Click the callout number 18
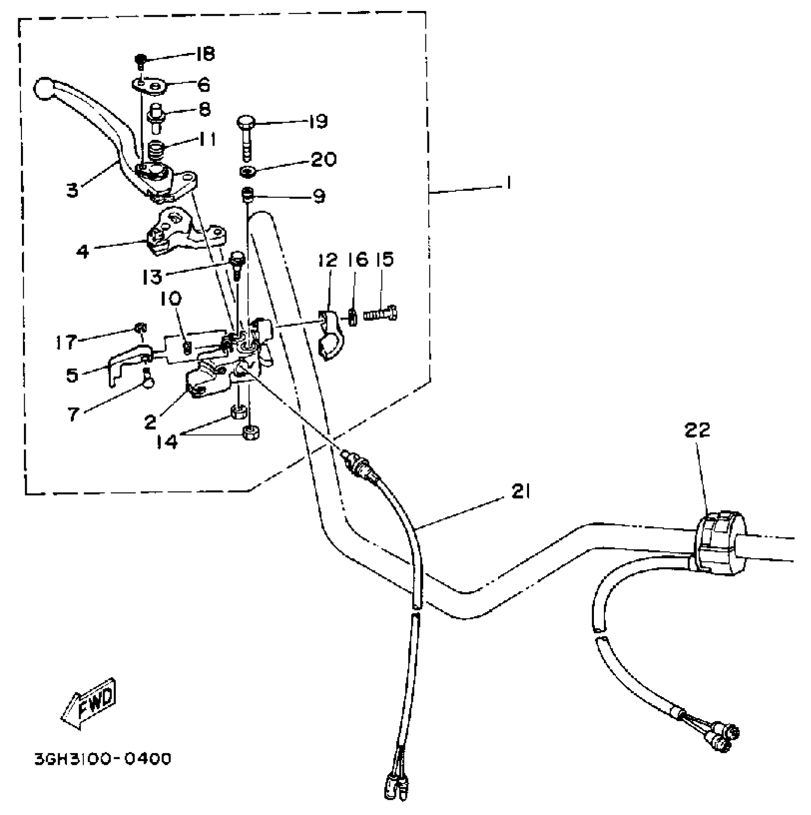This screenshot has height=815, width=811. tap(205, 54)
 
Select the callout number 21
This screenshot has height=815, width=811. tap(520, 491)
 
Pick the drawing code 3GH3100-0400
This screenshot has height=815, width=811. tap(103, 758)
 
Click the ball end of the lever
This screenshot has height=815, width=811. tap(44, 89)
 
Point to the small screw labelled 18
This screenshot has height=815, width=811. tap(140, 61)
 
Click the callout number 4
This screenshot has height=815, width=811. tap(83, 251)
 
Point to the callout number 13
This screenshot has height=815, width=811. tap(152, 276)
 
